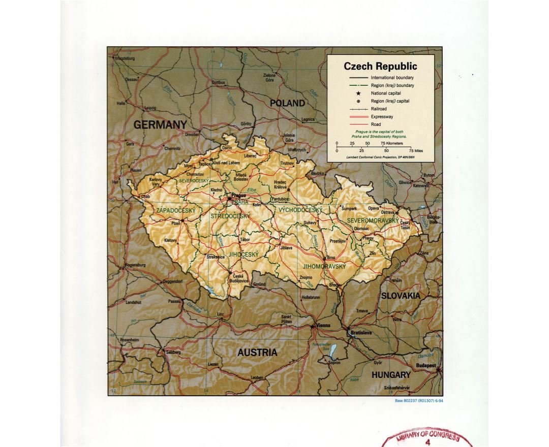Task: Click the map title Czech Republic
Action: [x=380, y=67]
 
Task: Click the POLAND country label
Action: [x=287, y=103]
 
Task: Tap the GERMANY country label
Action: [x=160, y=124]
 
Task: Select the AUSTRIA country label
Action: [x=257, y=353]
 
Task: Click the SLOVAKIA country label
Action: [x=401, y=295]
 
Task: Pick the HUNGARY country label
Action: [x=390, y=375]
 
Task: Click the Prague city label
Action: [x=238, y=195]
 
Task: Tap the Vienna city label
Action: [x=323, y=325]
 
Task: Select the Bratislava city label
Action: [x=361, y=333]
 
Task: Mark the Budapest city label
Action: [x=425, y=365]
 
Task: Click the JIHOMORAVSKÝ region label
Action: [x=324, y=267]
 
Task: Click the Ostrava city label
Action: [x=387, y=212]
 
